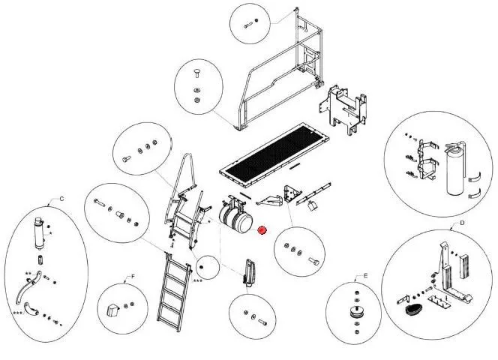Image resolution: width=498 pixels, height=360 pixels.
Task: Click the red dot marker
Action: (262, 230)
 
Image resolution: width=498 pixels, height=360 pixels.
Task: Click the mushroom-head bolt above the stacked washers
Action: (196, 73)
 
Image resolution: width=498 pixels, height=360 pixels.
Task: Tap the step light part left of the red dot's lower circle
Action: (249, 271)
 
